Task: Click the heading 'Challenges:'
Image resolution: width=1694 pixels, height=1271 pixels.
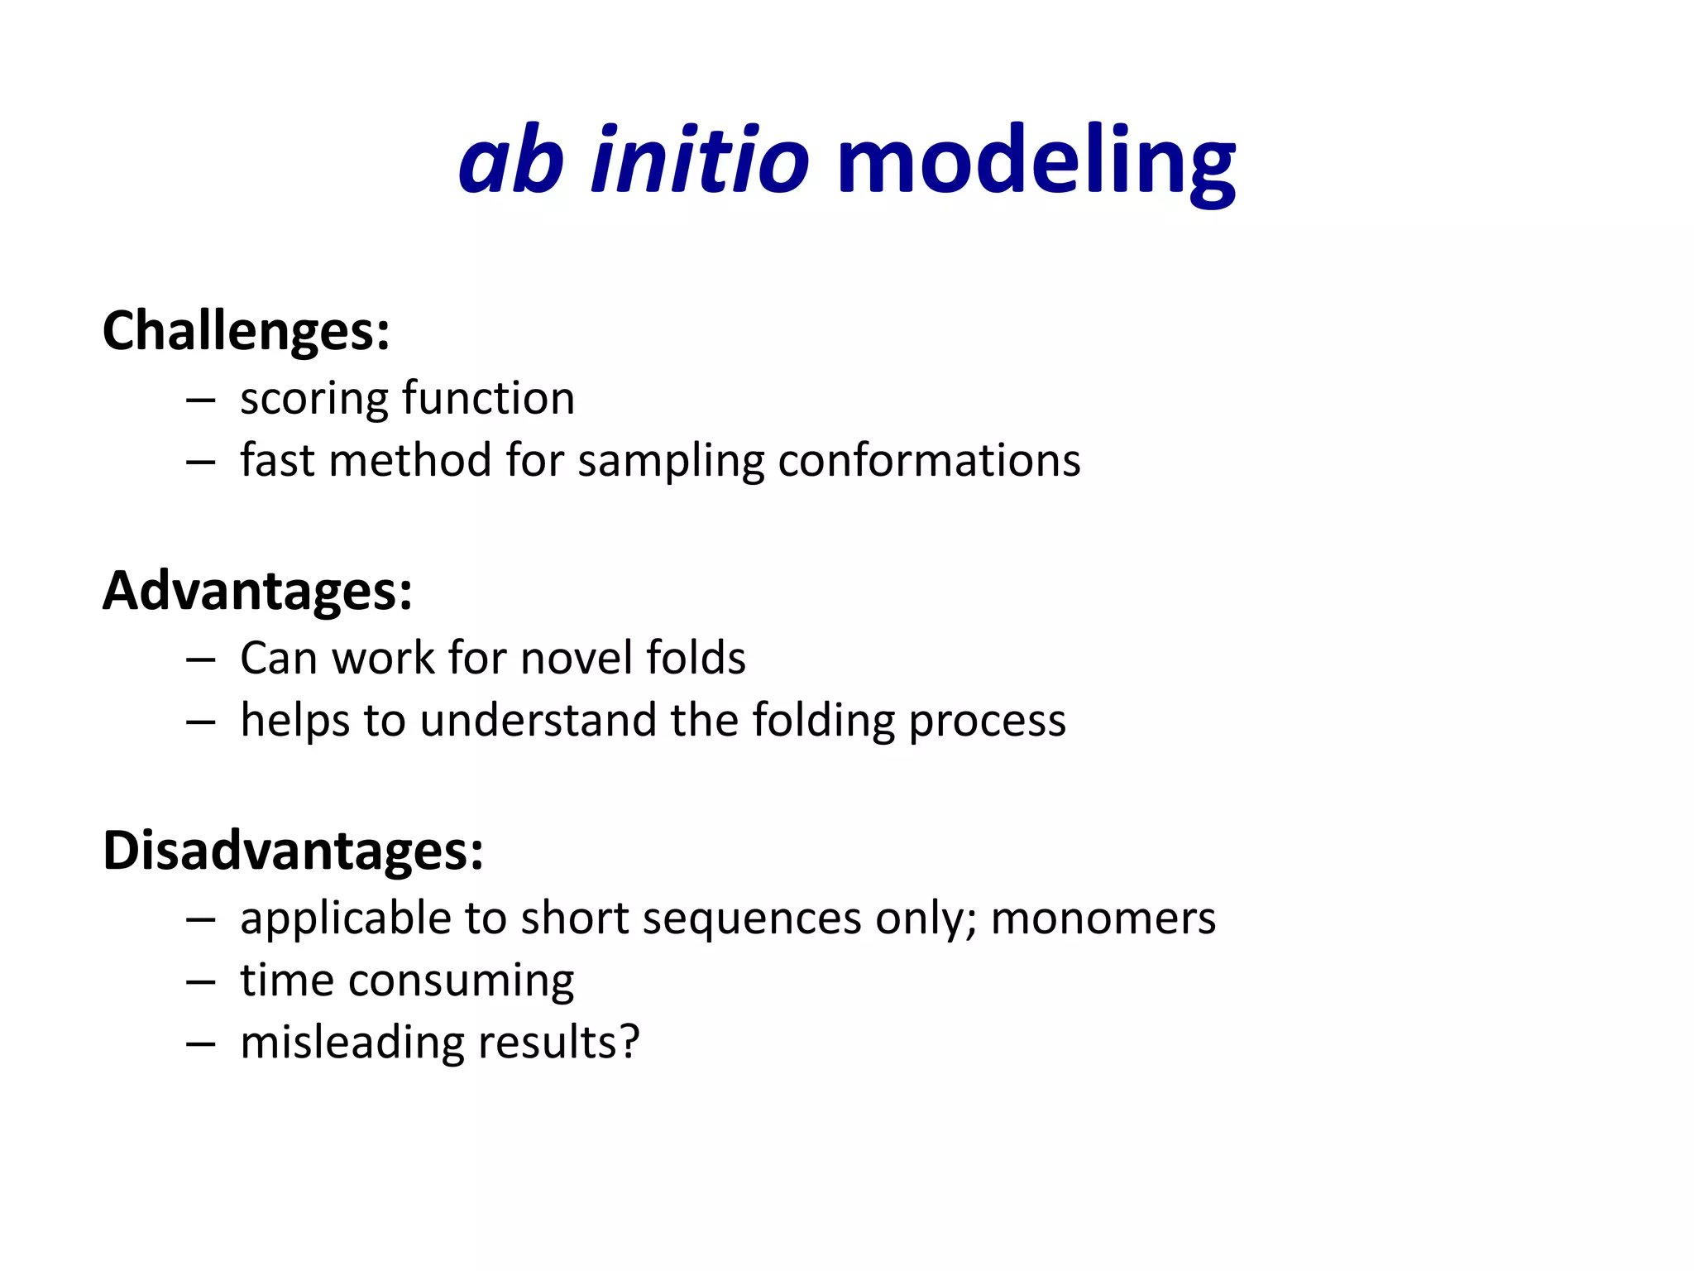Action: (246, 331)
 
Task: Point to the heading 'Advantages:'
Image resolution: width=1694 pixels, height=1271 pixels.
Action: (257, 591)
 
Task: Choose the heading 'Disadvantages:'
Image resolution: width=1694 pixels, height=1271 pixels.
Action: (293, 851)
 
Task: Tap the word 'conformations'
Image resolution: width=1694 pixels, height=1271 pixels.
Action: (928, 461)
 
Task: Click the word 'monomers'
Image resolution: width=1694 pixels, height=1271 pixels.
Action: (1103, 918)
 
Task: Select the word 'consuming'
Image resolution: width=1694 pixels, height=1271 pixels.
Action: (461, 982)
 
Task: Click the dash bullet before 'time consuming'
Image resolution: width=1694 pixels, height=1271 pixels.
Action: (201, 982)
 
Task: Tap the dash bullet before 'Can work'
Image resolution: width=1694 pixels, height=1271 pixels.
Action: (201, 659)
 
